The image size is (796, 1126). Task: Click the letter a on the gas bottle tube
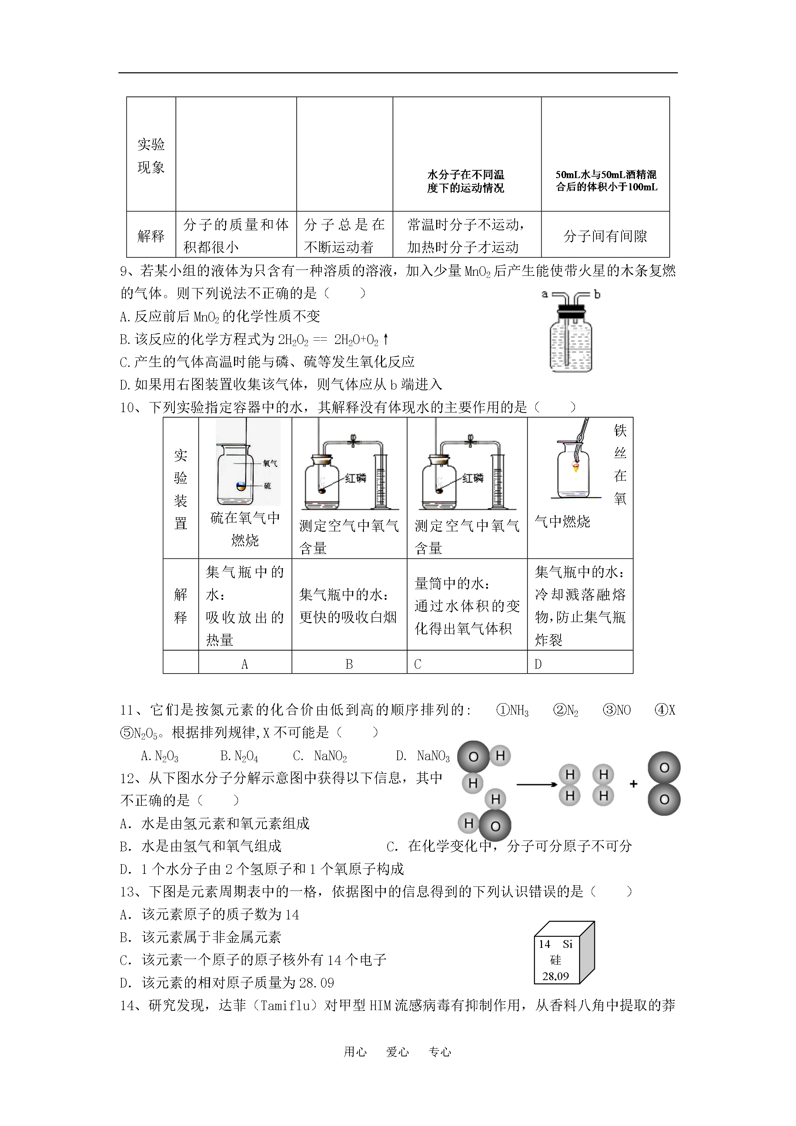tap(544, 294)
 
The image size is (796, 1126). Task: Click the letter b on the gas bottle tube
tap(597, 294)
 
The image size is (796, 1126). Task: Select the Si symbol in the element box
tap(568, 944)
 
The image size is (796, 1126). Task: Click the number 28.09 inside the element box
tap(556, 976)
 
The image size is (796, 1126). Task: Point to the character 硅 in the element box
tap(555, 960)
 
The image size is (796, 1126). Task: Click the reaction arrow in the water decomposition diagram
tap(537, 785)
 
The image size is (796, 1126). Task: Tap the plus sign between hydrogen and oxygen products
tap(633, 784)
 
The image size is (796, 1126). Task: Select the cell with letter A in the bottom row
tap(245, 664)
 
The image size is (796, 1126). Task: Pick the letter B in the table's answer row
tap(349, 664)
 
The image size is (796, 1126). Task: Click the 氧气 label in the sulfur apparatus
tap(270, 463)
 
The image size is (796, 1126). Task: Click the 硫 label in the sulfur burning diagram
tap(267, 485)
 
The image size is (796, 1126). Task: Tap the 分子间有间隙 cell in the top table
tap(605, 236)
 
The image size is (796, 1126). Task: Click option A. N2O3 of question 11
tap(160, 756)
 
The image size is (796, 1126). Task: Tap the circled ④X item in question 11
tap(665, 710)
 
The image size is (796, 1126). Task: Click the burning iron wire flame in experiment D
tap(575, 467)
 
